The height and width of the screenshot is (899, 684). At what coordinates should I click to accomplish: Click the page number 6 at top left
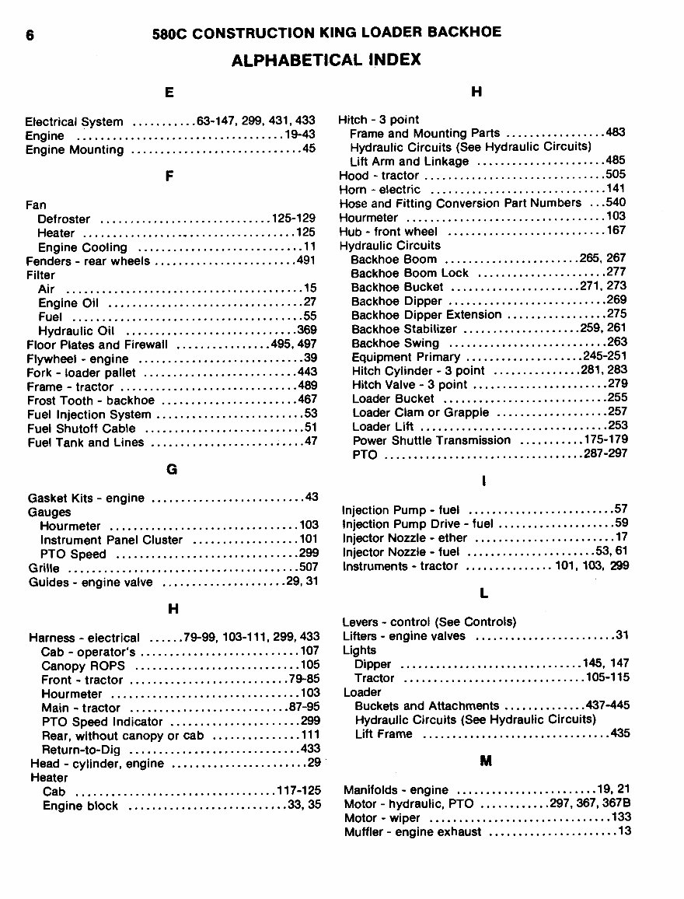tap(30, 35)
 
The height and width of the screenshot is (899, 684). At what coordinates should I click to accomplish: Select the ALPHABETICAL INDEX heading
tap(326, 59)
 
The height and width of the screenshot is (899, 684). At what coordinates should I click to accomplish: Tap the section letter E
tap(169, 93)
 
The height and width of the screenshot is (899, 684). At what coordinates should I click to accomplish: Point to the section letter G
tap(172, 470)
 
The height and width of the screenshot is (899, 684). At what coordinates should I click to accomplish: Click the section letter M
tap(486, 761)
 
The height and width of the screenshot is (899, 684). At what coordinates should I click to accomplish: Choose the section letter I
tap(484, 482)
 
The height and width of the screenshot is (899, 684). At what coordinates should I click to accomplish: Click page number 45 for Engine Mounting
tap(309, 149)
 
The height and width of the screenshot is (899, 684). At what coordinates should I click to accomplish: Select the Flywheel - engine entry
tap(79, 359)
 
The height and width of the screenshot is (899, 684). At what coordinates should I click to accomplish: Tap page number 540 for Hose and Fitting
tap(616, 203)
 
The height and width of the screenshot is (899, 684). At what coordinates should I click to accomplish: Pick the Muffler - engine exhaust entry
tap(413, 832)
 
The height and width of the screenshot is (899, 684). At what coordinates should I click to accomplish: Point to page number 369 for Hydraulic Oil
tap(305, 331)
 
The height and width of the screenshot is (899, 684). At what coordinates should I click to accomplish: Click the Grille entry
tap(44, 568)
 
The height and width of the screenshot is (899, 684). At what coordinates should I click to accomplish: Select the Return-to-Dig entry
tap(81, 750)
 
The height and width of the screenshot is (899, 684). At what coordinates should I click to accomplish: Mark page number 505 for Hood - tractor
tap(616, 175)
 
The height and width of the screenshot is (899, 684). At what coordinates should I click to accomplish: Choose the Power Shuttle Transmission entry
tap(431, 440)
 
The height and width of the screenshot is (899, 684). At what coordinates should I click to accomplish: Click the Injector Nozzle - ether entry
tap(405, 538)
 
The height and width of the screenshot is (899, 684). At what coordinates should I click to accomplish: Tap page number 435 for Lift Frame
tap(620, 733)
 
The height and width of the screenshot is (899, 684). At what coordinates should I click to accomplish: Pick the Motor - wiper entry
tap(382, 818)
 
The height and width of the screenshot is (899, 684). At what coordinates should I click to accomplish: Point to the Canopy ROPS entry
tap(82, 666)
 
